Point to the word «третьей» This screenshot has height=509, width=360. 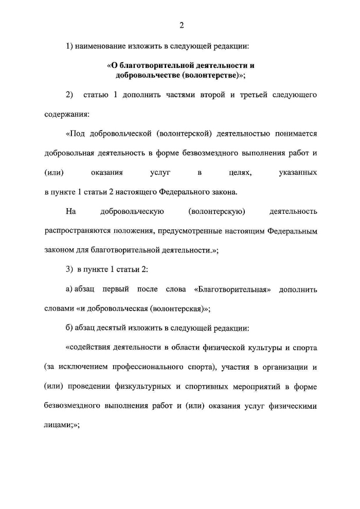[x=249, y=95]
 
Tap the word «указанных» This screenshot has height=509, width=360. [x=297, y=173]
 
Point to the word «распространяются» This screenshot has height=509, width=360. [x=77, y=231]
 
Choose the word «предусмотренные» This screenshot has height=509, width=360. [x=192, y=231]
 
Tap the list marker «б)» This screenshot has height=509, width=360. [x=70, y=328]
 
